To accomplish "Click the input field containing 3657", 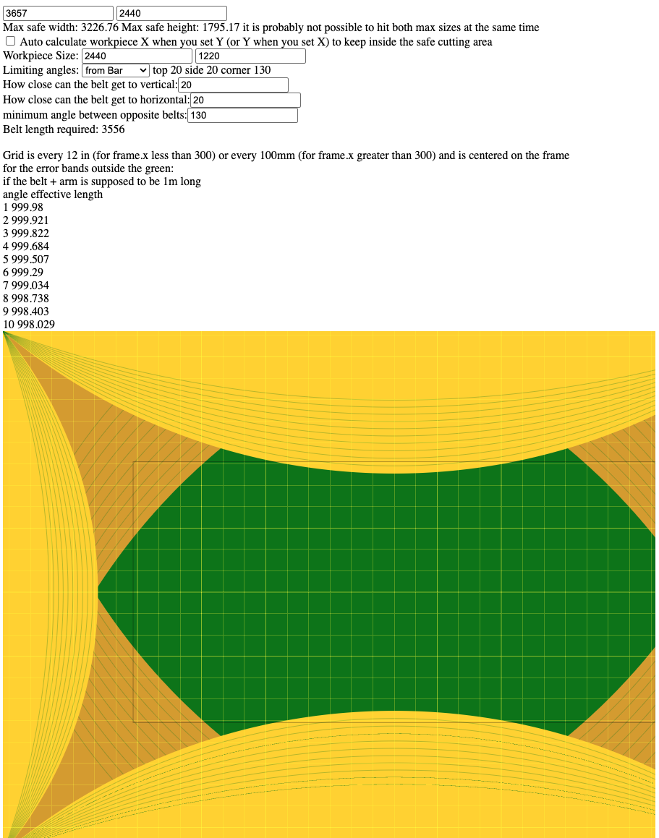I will [58, 14].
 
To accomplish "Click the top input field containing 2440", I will [171, 14].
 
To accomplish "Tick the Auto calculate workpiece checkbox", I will [11, 42].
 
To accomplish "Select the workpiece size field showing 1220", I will [250, 56].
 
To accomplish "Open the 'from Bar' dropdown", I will [116, 70].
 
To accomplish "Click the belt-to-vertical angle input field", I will [233, 85].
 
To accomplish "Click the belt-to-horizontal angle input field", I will [245, 101].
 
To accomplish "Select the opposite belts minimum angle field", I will [242, 116].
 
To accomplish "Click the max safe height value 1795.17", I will [219, 27].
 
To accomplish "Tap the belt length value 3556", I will [113, 129].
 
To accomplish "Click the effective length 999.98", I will [27, 208].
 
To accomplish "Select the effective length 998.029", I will [35, 325].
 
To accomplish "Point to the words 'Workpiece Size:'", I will [41, 56].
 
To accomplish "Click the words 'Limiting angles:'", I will [41, 70].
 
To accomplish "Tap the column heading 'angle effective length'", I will [53, 194].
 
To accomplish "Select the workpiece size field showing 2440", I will [137, 56].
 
